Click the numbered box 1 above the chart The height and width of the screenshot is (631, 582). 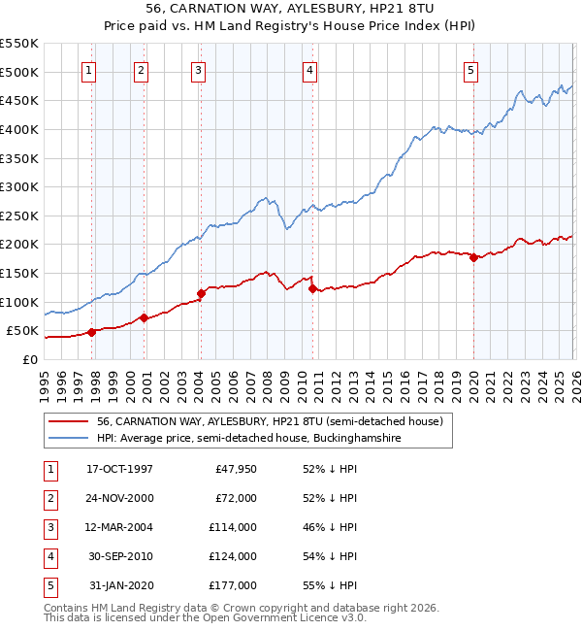(88, 70)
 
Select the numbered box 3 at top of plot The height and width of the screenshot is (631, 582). (197, 70)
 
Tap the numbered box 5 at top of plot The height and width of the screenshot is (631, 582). (470, 70)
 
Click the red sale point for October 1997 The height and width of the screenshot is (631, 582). (92, 332)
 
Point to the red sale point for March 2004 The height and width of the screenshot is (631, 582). (201, 293)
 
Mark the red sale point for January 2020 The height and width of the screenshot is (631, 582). (473, 257)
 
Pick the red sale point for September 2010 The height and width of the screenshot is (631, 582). (312, 288)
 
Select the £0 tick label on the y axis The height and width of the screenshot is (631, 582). (29, 359)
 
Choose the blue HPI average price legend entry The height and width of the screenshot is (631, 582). (248, 439)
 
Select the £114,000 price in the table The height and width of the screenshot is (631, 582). (234, 527)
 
